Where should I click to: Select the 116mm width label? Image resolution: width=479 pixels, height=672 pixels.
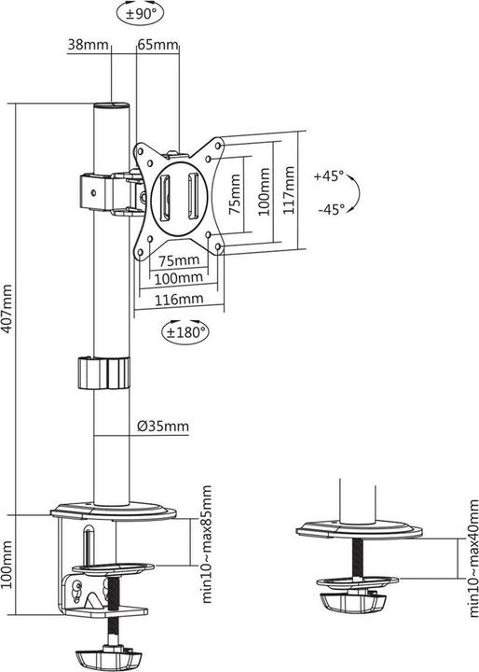(x=179, y=299)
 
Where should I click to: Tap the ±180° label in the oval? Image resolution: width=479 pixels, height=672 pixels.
(x=186, y=330)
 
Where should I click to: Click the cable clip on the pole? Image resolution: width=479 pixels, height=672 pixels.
(x=100, y=373)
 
